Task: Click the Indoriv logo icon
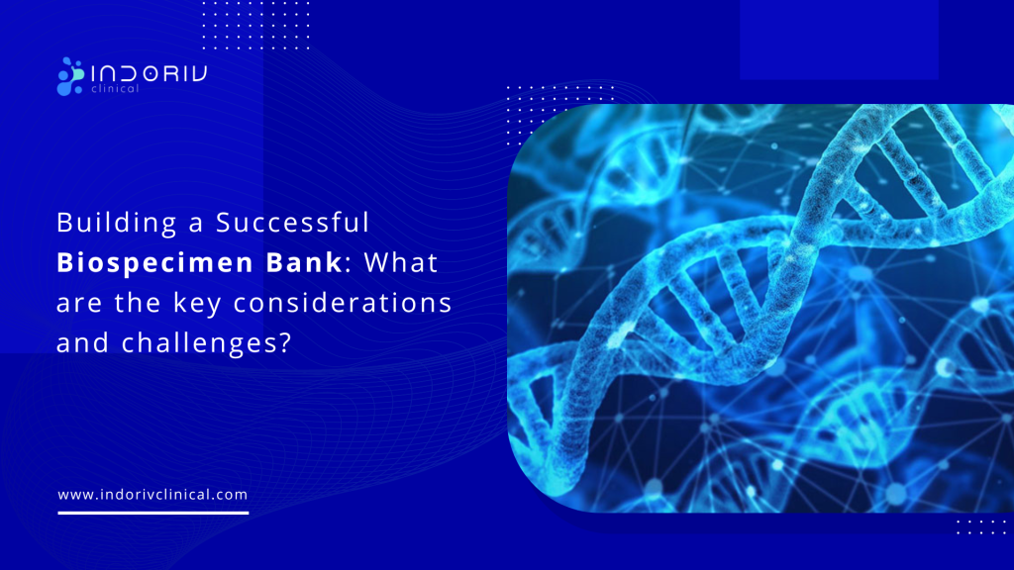(71, 76)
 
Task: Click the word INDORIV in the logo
(148, 71)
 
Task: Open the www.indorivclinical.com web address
(152, 494)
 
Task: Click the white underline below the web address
(152, 513)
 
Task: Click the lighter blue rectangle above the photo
(838, 40)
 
